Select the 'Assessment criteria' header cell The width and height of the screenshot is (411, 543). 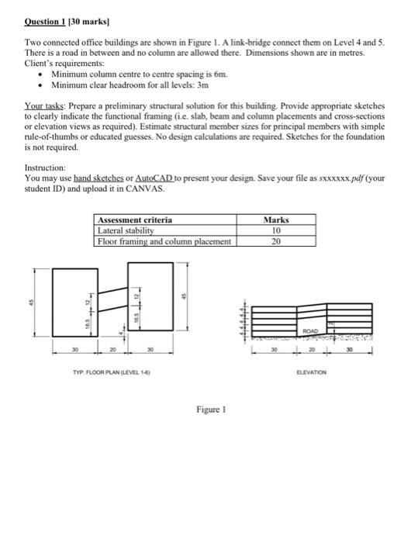[x=134, y=220]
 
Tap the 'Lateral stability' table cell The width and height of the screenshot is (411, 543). [x=126, y=230]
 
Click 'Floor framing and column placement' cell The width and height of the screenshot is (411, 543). [x=164, y=241]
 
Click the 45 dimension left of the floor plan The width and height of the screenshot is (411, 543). [x=33, y=303]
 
